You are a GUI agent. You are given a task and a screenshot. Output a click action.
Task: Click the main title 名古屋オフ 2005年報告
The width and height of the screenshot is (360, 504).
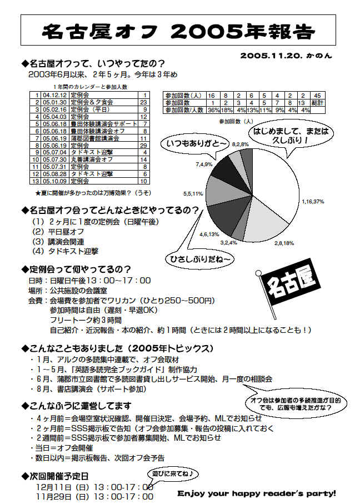click(x=179, y=30)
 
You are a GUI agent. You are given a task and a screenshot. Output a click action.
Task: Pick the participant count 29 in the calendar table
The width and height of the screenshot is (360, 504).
click(x=143, y=145)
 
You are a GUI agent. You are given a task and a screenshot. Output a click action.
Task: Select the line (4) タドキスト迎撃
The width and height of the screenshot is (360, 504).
click(x=66, y=251)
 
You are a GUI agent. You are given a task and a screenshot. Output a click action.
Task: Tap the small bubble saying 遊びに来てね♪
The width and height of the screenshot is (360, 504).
click(x=173, y=473)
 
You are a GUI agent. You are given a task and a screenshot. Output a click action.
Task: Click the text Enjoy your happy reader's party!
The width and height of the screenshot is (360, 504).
click(x=257, y=493)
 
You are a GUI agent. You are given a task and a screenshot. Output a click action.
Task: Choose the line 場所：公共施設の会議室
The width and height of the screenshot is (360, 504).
click(x=72, y=290)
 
